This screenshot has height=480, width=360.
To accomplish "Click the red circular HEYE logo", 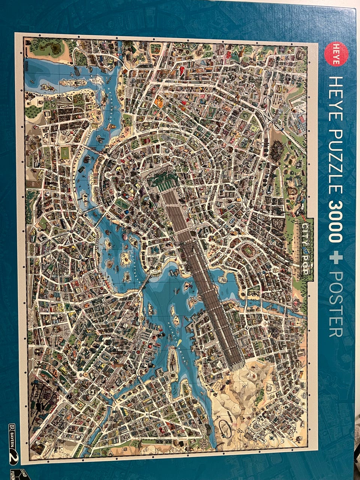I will (x=334, y=54).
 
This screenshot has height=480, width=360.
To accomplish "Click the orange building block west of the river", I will (x=159, y=101).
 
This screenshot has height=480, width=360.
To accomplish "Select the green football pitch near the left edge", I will (x=65, y=153).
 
